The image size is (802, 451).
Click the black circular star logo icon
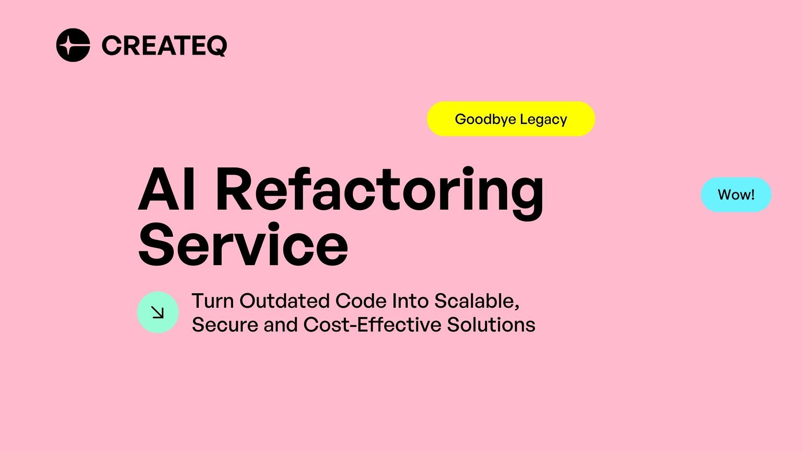point(73,45)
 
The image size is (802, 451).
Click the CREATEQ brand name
point(164,46)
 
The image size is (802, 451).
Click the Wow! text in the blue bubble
point(736,195)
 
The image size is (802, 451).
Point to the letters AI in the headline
point(166,190)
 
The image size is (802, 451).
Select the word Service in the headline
point(243,245)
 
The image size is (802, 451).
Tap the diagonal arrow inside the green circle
point(158,312)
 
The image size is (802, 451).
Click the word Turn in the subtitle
point(212,301)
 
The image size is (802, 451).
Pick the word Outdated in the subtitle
point(284,301)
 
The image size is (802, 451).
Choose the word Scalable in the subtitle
point(477,301)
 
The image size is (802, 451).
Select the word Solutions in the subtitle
point(491,325)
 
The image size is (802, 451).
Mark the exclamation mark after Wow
point(753,195)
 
